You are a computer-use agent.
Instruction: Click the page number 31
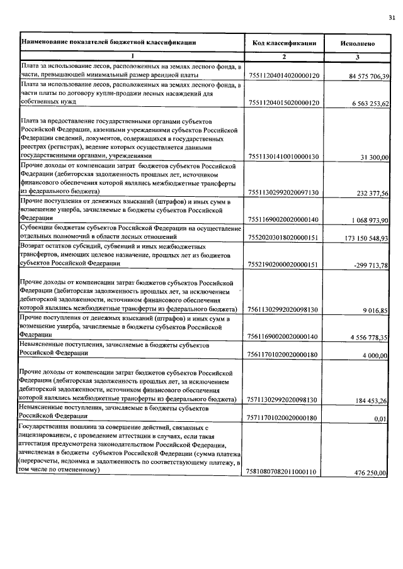pyautogui.click(x=392, y=18)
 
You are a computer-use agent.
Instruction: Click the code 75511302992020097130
pyautogui.click(x=285, y=192)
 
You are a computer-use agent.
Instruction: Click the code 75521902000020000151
pyautogui.click(x=285, y=265)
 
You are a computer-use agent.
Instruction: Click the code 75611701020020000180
pyautogui.click(x=285, y=355)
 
